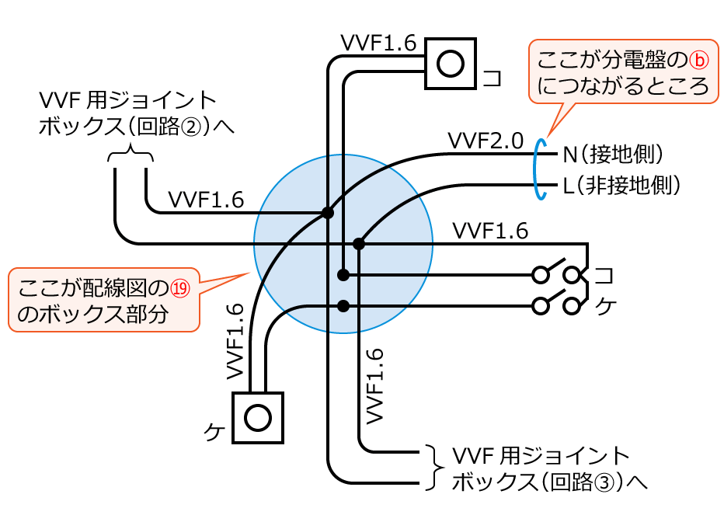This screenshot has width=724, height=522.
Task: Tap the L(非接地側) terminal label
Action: pyautogui.click(x=621, y=186)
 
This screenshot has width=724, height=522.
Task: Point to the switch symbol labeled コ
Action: pyautogui.click(x=556, y=274)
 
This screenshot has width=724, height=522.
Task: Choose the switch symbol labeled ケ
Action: pyautogui.click(x=556, y=305)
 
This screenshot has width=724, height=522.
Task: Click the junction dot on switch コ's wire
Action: pyautogui.click(x=343, y=275)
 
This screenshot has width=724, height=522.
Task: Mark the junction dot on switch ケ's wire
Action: pyautogui.click(x=343, y=305)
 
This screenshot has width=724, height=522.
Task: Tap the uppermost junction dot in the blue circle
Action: pyautogui.click(x=328, y=212)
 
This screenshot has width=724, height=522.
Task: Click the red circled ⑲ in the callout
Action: pyautogui.click(x=179, y=289)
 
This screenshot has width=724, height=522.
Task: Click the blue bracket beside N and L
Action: pyautogui.click(x=537, y=170)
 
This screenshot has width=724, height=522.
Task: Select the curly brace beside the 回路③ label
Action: pyautogui.click(x=431, y=468)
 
